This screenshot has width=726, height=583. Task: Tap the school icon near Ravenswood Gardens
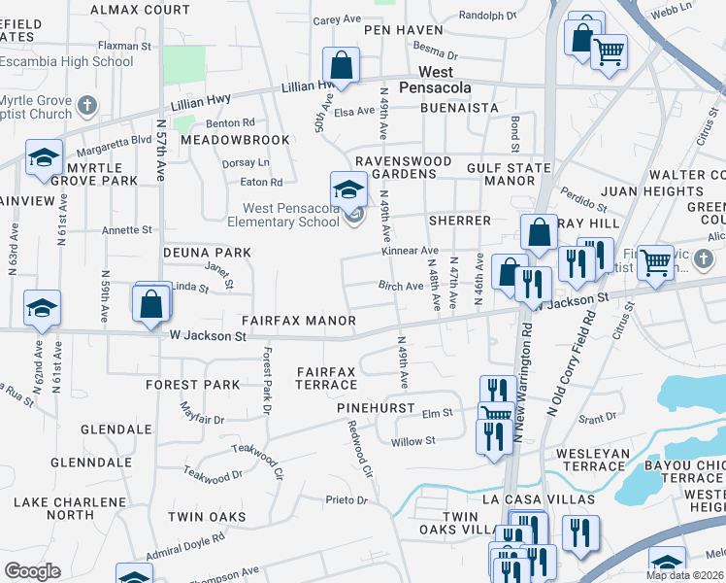348,189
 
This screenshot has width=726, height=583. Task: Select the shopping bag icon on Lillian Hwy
342,66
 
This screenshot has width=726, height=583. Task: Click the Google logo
32,571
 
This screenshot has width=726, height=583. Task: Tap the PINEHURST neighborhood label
376,409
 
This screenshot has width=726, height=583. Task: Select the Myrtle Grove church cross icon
86,104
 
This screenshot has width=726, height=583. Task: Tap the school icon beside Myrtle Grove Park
44,157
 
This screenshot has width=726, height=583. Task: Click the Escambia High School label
67,61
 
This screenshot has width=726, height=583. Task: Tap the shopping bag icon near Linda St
152,302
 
